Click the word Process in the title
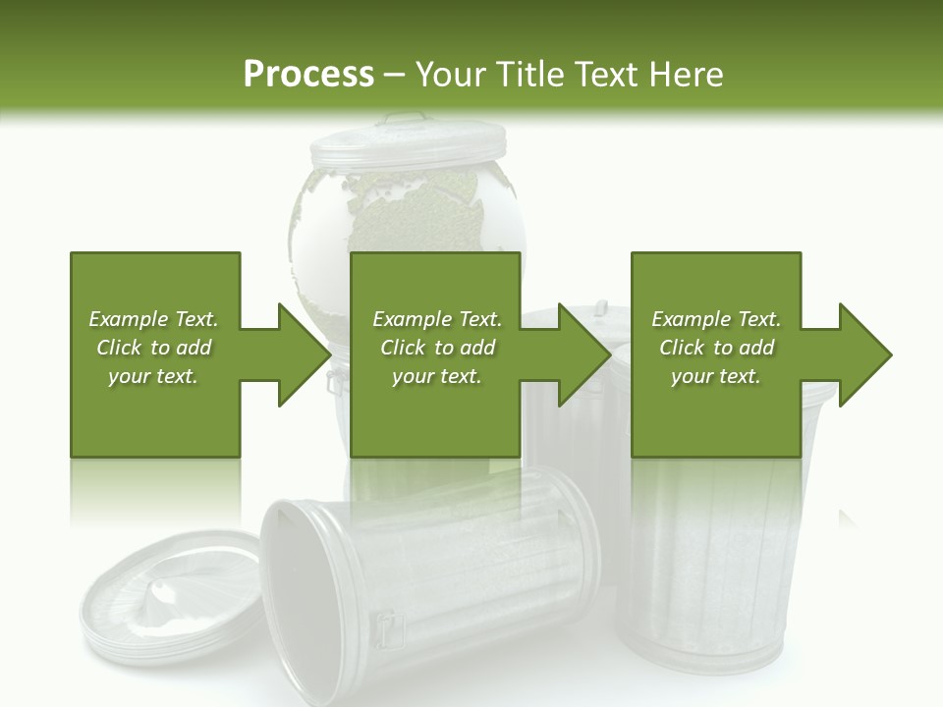[308, 75]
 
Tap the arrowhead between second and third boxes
[585, 354]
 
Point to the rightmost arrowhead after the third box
[865, 354]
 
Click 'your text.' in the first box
[153, 376]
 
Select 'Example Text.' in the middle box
[436, 319]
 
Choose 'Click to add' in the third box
[716, 348]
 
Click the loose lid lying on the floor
[167, 599]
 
